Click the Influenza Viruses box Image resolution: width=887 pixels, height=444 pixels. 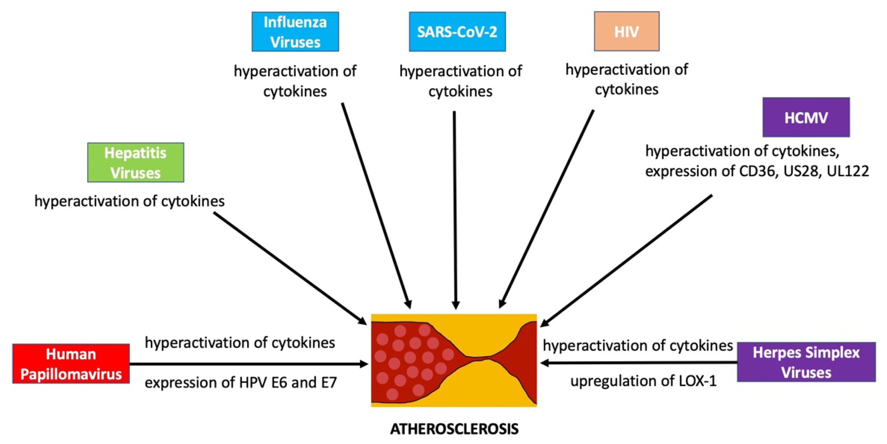pyautogui.click(x=295, y=32)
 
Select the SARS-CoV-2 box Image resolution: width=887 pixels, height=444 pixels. pyautogui.click(x=457, y=32)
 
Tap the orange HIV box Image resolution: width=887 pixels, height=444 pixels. pyautogui.click(x=626, y=31)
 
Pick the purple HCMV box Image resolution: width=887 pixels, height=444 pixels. pyautogui.click(x=806, y=117)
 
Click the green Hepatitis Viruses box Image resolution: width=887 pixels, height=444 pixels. pyautogui.click(x=135, y=162)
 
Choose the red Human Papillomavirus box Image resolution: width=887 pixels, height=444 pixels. pyautogui.click(x=71, y=364)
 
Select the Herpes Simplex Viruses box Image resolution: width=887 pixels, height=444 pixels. pyautogui.click(x=806, y=362)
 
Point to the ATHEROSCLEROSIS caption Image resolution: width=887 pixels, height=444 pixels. pyautogui.click(x=454, y=429)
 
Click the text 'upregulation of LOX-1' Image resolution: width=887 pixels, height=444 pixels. pyautogui.click(x=643, y=381)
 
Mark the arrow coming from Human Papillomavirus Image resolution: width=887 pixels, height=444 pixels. pyautogui.click(x=248, y=364)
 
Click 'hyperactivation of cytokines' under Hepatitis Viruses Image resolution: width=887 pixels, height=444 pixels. pyautogui.click(x=129, y=201)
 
